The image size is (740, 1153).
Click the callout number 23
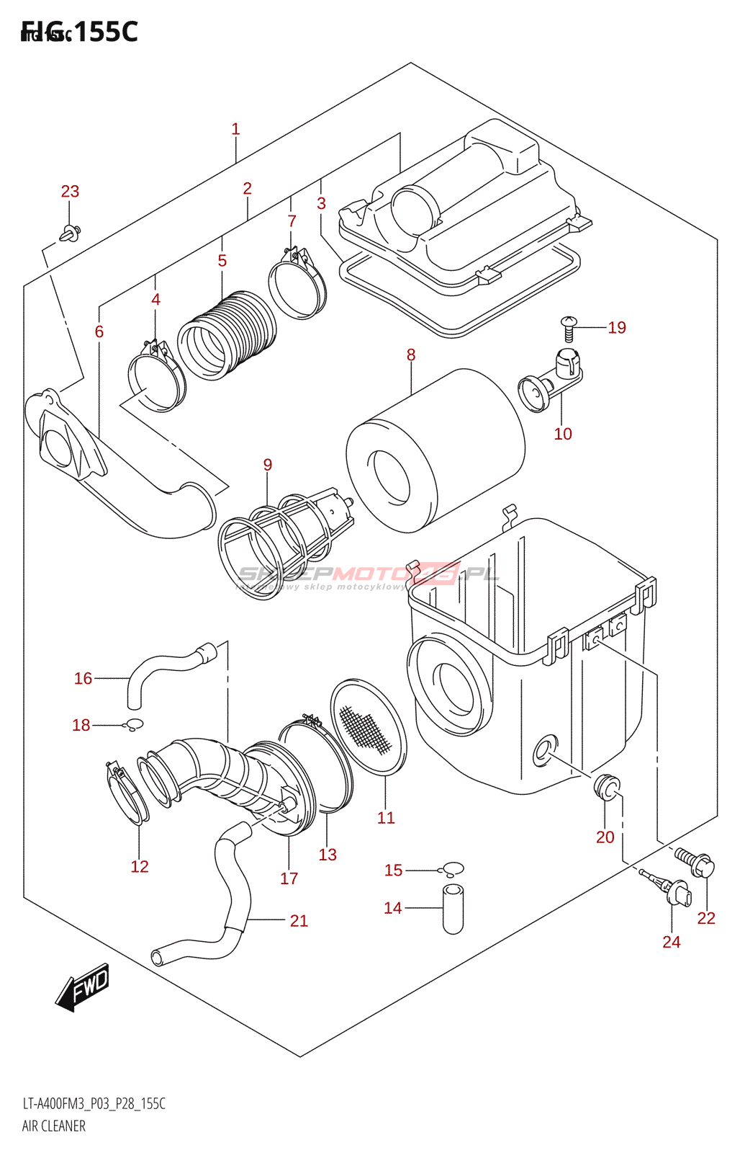[70, 192]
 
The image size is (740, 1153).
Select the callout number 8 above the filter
[411, 355]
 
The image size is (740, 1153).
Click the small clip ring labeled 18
[135, 724]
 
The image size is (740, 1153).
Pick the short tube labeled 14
[453, 909]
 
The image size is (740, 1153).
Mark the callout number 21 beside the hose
[299, 921]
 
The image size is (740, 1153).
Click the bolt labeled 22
[695, 863]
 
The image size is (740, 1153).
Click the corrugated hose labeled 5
[227, 335]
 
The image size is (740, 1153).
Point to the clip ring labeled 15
[454, 870]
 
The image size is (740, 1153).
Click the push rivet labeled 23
[71, 233]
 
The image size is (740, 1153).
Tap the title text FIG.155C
[79, 32]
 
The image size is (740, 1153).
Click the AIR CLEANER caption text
[54, 1126]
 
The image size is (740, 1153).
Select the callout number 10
[563, 434]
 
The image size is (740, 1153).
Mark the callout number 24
[671, 942]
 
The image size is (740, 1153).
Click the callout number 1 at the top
[235, 130]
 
